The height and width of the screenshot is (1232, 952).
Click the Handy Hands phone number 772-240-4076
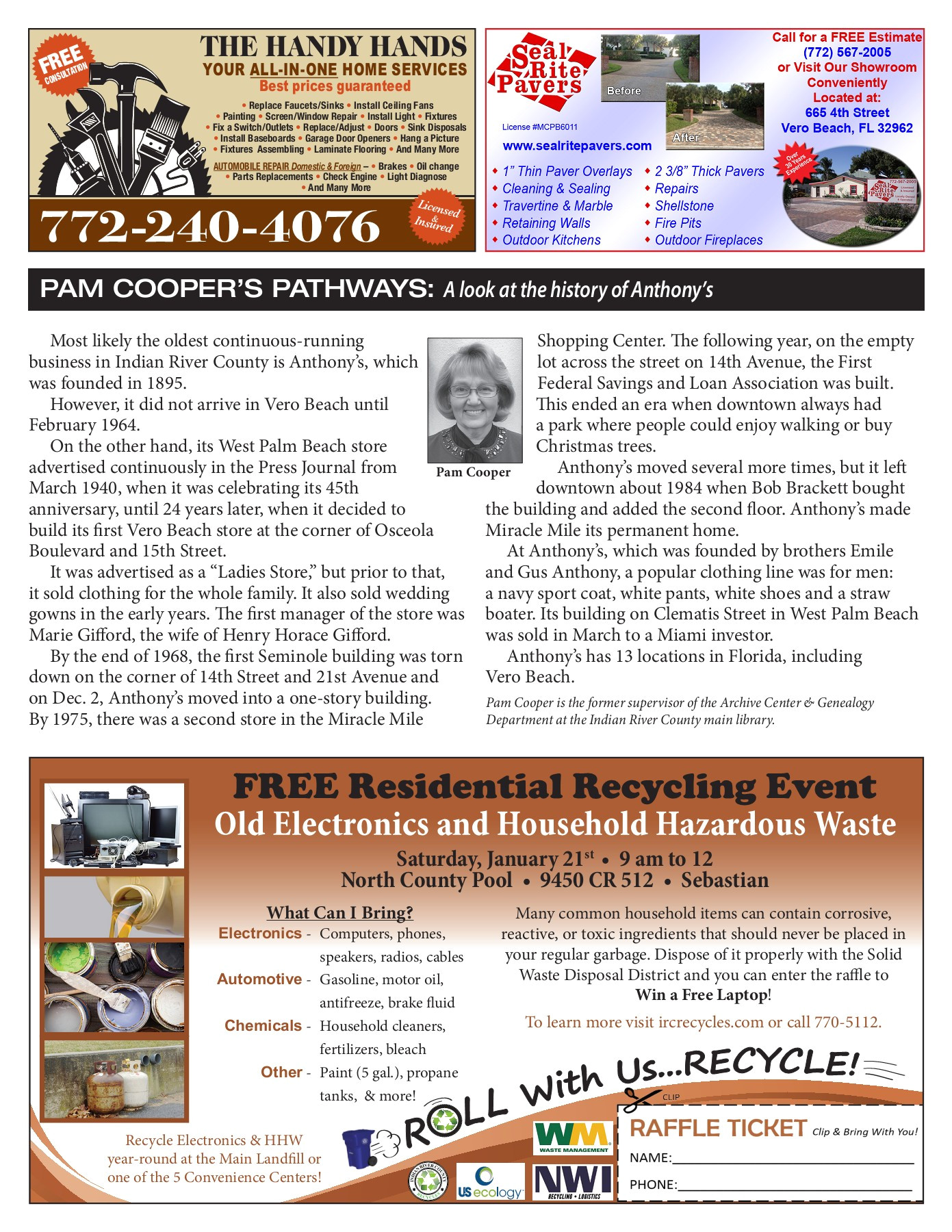click(209, 227)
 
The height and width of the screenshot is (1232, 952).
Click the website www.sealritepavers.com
click(577, 146)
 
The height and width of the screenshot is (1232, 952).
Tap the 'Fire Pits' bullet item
click(678, 223)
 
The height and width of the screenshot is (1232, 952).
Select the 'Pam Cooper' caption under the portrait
click(473, 472)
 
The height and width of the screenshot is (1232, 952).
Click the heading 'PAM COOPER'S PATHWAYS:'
click(237, 290)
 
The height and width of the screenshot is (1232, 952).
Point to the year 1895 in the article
click(166, 383)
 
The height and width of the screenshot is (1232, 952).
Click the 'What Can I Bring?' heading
click(339, 912)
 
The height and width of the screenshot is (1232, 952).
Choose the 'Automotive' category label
click(259, 979)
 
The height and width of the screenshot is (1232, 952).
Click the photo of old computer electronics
click(114, 826)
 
